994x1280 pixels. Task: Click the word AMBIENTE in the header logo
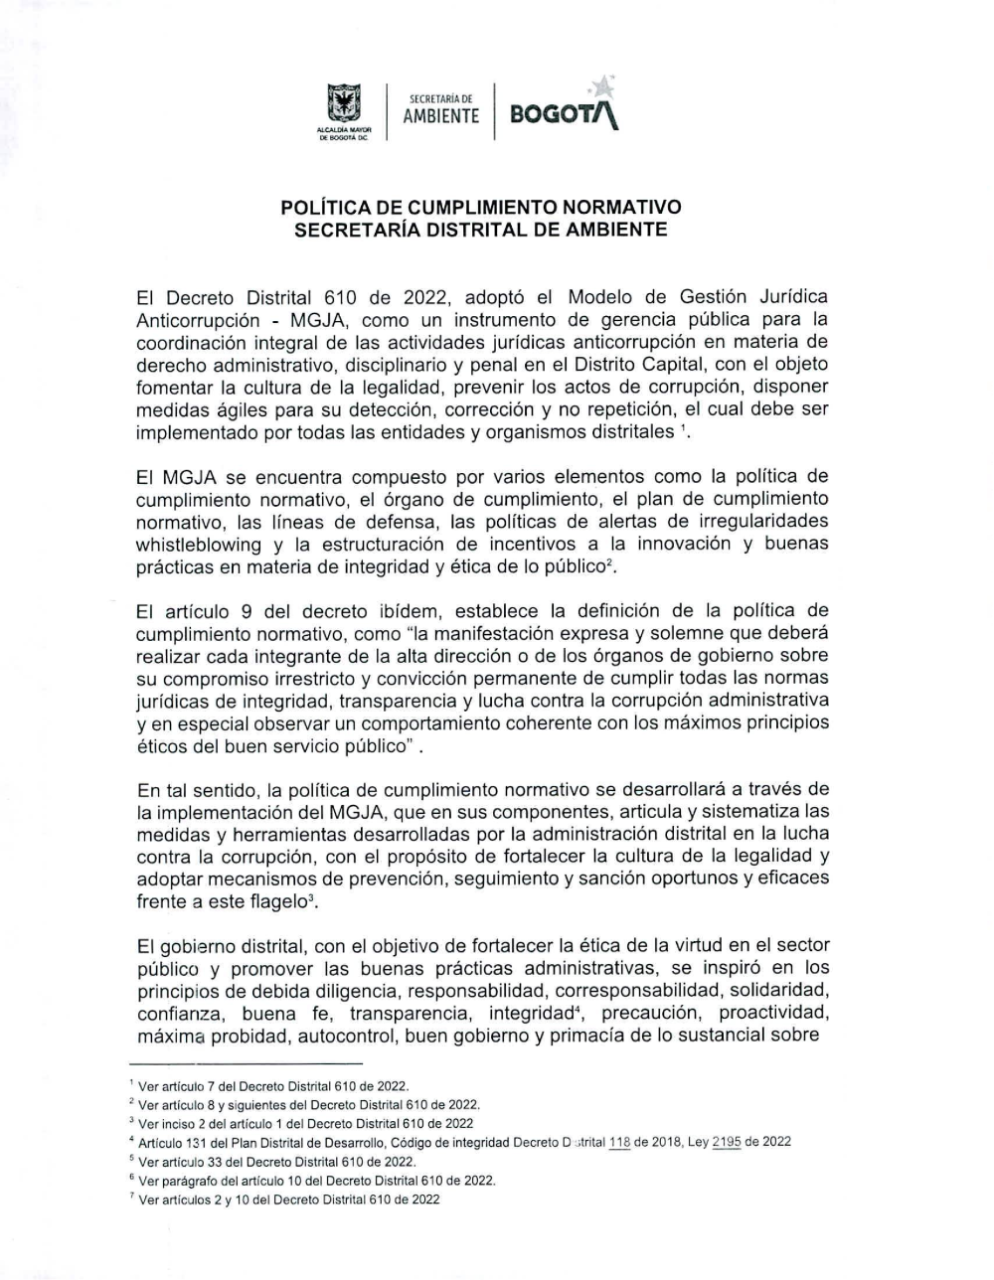click(440, 116)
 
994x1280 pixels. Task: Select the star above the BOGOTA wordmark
click(604, 85)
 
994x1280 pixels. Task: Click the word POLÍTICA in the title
click(325, 209)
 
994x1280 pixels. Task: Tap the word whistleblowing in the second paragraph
click(199, 544)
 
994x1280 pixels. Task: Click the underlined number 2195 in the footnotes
click(727, 1142)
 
